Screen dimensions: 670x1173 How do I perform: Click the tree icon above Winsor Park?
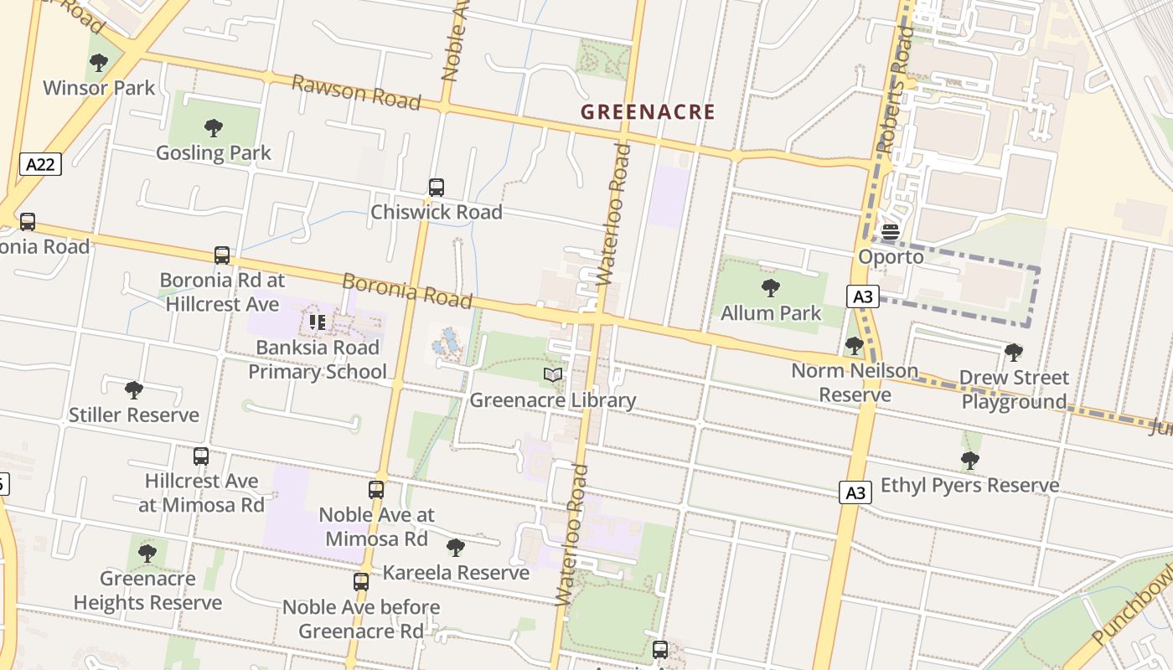[x=99, y=63]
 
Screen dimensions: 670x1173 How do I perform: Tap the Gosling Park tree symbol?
[x=214, y=128]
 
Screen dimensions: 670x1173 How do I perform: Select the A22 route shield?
[x=40, y=164]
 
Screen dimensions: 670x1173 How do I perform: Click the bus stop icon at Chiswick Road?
[x=437, y=188]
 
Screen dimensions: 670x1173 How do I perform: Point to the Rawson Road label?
[x=356, y=91]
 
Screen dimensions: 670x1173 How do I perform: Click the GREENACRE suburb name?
[x=649, y=112]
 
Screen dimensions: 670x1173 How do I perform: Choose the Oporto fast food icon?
[x=890, y=232]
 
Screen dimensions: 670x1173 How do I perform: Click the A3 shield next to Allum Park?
[x=863, y=296]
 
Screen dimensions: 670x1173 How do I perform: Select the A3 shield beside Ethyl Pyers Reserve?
[x=855, y=493]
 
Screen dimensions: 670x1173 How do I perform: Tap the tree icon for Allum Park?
[x=771, y=289]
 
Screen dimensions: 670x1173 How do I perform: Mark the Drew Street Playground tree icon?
[x=1014, y=353]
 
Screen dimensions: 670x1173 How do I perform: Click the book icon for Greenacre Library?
[x=552, y=375]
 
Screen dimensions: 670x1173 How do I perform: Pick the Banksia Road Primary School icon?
[x=318, y=322]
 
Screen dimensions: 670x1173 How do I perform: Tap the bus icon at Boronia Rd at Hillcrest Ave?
[x=222, y=255]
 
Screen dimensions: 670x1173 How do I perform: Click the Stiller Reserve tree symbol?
[x=134, y=390]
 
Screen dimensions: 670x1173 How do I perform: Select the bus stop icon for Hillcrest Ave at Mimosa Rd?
[x=201, y=456]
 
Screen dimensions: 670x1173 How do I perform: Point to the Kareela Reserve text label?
[x=456, y=573]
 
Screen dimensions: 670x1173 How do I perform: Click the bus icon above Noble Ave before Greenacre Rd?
[x=361, y=582]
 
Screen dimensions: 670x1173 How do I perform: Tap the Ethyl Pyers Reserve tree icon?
[x=969, y=461]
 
